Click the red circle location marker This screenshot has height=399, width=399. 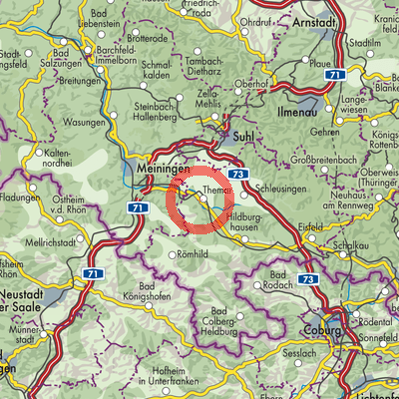pos(201,198)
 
